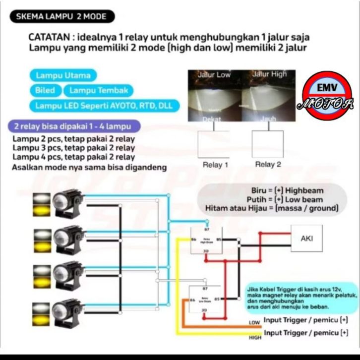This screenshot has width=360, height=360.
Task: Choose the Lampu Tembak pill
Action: click(x=99, y=91)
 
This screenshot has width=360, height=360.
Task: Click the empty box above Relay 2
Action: click(x=268, y=143)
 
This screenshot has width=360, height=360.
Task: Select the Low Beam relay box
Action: click(x=203, y=300)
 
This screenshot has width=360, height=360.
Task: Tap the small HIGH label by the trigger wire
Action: click(x=254, y=337)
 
